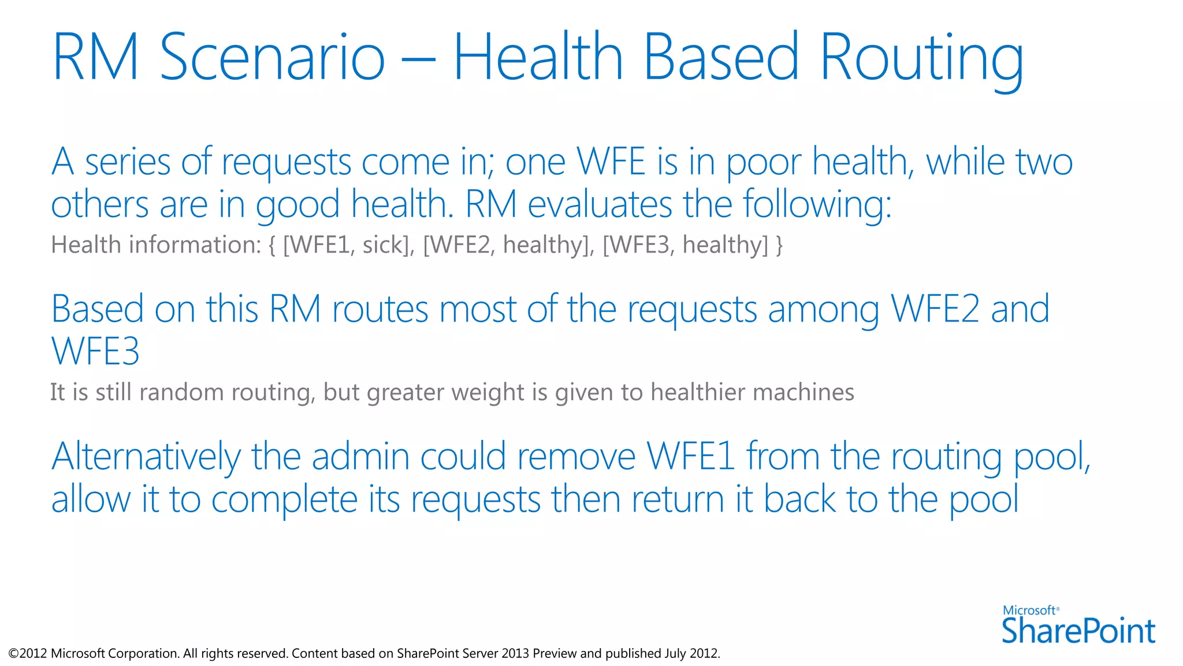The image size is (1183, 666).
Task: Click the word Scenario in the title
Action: [271, 58]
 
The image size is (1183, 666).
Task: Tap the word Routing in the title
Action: [921, 58]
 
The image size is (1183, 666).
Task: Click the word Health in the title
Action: [538, 58]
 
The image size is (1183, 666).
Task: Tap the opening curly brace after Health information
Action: [272, 245]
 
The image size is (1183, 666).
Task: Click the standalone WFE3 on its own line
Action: [95, 351]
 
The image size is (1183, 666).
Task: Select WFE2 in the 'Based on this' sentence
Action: [935, 309]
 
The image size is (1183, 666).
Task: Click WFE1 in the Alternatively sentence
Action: [690, 457]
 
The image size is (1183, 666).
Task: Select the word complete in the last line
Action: [285, 500]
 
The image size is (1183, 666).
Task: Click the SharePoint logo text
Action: [1078, 631]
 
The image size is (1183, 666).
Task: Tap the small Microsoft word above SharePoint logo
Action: [1029, 610]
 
